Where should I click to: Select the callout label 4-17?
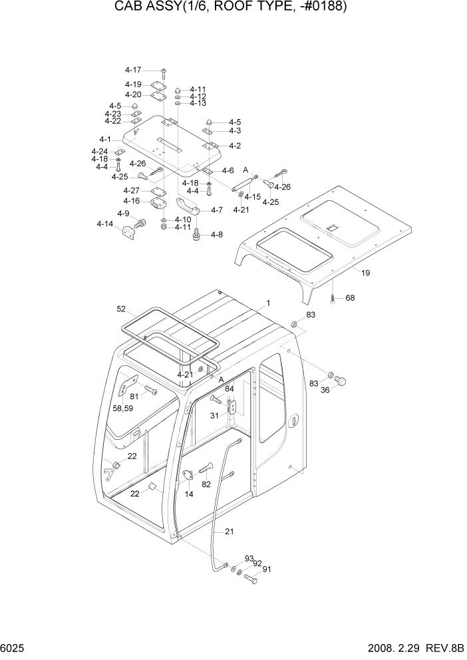point(133,70)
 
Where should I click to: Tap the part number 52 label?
point(121,309)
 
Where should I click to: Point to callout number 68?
point(349,298)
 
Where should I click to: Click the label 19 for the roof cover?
point(365,273)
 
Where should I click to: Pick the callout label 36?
point(325,391)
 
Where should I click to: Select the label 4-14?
point(104,224)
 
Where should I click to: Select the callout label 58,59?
point(122,408)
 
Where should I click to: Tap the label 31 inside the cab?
point(215,416)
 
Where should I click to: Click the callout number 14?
point(189,494)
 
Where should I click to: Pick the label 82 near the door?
point(206,484)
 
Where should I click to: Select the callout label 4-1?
point(105,140)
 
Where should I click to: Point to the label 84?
point(229,389)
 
